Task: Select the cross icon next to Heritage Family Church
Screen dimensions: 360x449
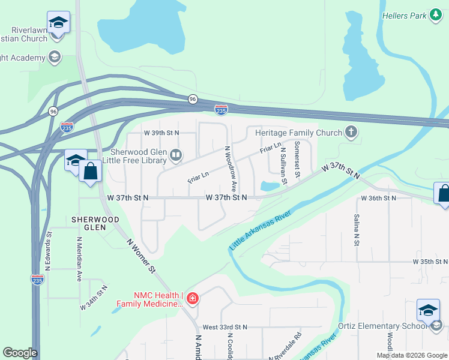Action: click(351, 132)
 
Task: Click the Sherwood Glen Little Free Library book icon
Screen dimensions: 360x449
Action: click(176, 156)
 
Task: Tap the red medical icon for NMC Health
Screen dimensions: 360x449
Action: click(193, 298)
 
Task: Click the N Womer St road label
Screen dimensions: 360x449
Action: click(142, 255)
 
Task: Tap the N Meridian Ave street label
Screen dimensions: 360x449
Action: click(79, 259)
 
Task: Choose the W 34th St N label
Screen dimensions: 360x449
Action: click(94, 298)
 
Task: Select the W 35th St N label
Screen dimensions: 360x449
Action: click(430, 262)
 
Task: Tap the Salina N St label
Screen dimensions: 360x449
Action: click(357, 230)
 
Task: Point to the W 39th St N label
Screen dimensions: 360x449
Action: click(161, 133)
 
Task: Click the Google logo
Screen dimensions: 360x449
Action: click(20, 353)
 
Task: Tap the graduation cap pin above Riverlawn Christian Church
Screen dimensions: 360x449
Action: click(58, 23)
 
